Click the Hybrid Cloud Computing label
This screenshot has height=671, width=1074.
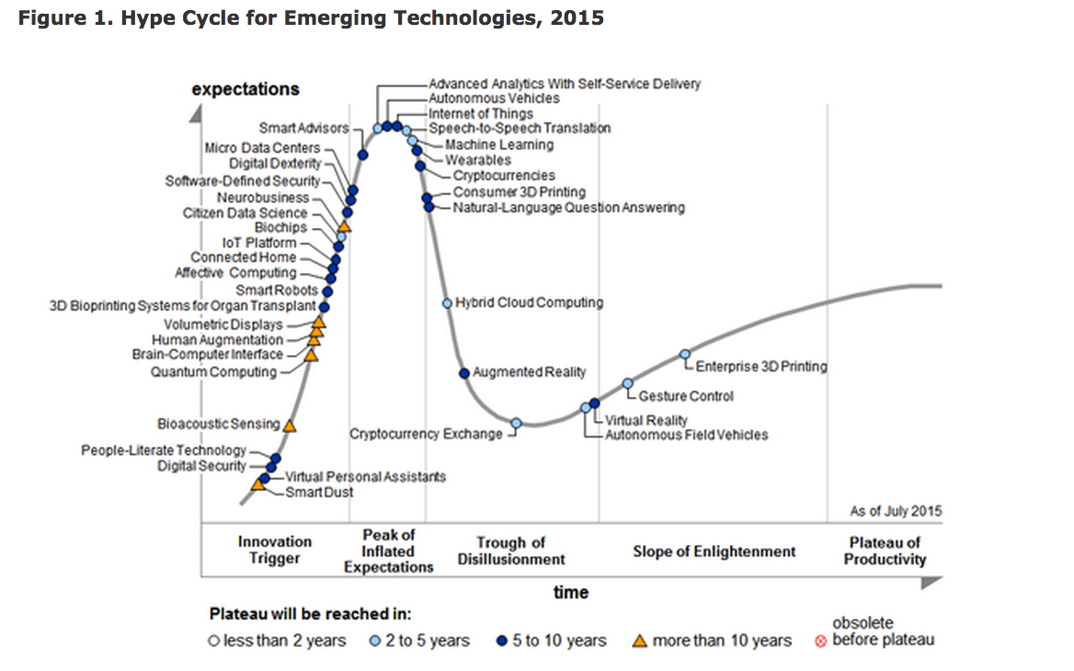[529, 302]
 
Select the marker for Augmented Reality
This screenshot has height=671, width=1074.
[465, 372]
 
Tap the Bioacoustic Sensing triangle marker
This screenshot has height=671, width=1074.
[290, 425]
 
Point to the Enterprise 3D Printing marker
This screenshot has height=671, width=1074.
[684, 354]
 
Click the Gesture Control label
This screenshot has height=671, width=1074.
[686, 396]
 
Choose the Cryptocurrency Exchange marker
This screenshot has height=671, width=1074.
[516, 423]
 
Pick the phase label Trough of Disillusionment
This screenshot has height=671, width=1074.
[511, 551]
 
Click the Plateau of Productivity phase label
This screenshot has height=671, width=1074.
[885, 551]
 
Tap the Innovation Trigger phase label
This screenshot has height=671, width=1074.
[275, 550]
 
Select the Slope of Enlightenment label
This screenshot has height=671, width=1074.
[714, 552]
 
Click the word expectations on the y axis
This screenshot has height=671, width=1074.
[246, 89]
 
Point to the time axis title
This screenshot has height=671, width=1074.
[570, 592]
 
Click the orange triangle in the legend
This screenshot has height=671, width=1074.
[640, 641]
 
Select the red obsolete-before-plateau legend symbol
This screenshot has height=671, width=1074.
[820, 641]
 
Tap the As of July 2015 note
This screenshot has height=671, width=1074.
[896, 511]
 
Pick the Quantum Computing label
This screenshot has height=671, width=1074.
[213, 372]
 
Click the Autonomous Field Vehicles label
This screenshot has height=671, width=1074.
[686, 435]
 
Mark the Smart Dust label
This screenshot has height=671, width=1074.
[319, 493]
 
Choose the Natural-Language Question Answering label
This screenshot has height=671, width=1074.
[568, 208]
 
